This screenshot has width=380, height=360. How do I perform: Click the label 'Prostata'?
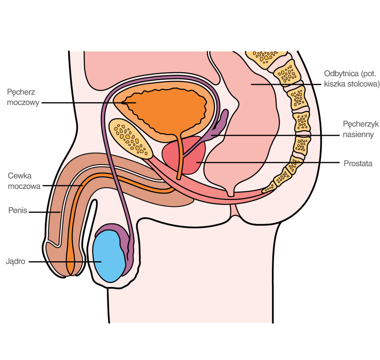[358, 163]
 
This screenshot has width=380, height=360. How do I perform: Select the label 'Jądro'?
[16, 261]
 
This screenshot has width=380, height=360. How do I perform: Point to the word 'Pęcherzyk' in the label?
[358, 125]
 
